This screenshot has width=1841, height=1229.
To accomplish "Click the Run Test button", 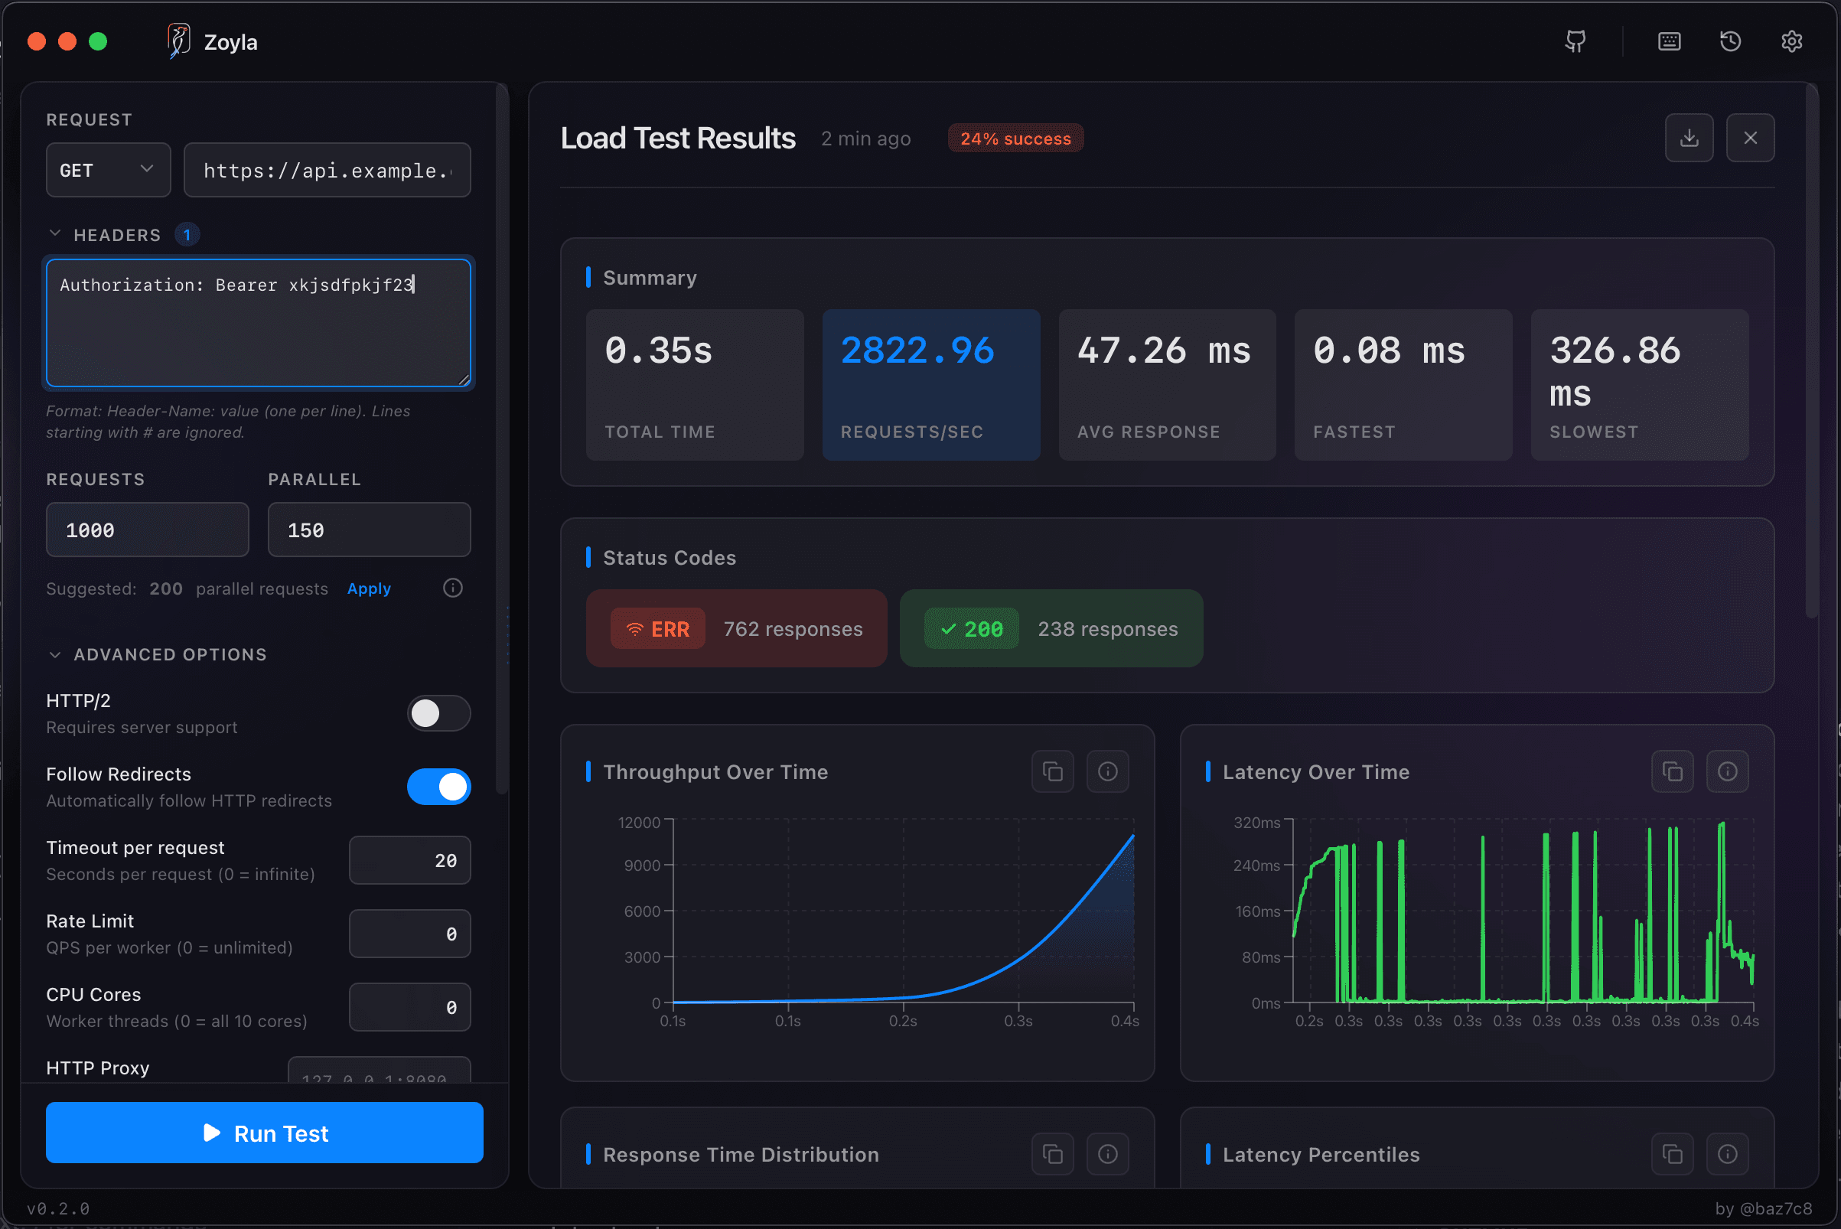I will (x=264, y=1133).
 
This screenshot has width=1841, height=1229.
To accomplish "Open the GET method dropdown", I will (x=108, y=170).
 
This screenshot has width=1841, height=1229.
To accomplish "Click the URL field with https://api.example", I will (x=327, y=170).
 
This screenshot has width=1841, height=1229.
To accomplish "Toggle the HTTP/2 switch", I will (x=438, y=713).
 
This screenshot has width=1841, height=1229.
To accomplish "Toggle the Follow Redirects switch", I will (x=438, y=787).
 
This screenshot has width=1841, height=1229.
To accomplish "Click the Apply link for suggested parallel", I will (x=368, y=588).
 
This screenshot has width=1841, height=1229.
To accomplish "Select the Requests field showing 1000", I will (x=148, y=530).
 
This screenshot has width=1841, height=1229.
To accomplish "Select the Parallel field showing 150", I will (x=368, y=530).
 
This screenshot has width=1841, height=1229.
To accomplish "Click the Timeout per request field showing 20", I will (x=409, y=861).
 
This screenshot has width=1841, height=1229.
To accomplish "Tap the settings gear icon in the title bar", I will (x=1790, y=41).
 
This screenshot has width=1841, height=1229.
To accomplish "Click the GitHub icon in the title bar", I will (x=1575, y=41).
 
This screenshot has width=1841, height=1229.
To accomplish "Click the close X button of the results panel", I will (x=1749, y=138).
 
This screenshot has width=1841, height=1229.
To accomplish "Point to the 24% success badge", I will (x=1015, y=139).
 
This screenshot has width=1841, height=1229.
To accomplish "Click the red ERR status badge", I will (x=657, y=629).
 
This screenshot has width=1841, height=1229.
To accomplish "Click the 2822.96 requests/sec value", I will (x=917, y=350).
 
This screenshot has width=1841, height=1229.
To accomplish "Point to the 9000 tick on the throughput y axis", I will (x=642, y=866).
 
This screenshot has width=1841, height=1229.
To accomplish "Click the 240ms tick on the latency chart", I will (x=1256, y=866).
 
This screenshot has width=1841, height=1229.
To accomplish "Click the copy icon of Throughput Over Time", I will (x=1052, y=772).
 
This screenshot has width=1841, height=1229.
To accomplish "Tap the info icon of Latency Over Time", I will (x=1726, y=772).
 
